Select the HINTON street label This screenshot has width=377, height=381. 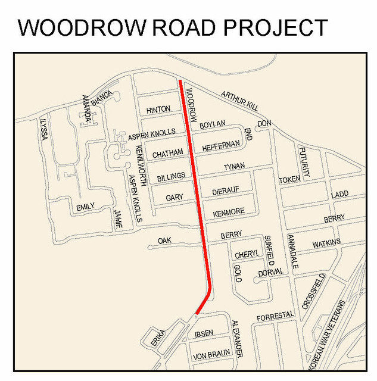[158, 109]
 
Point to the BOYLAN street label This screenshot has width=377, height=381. [213, 124]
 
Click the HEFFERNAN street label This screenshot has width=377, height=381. [221, 145]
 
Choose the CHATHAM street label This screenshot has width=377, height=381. [167, 154]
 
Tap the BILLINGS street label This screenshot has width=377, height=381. [171, 176]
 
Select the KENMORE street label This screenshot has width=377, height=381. [228, 212]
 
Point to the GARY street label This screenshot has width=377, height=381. [175, 197]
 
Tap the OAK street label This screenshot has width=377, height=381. [164, 241]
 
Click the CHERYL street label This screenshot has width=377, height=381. [247, 255]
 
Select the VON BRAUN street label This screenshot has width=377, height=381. [211, 356]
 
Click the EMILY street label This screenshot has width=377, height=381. [85, 207]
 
